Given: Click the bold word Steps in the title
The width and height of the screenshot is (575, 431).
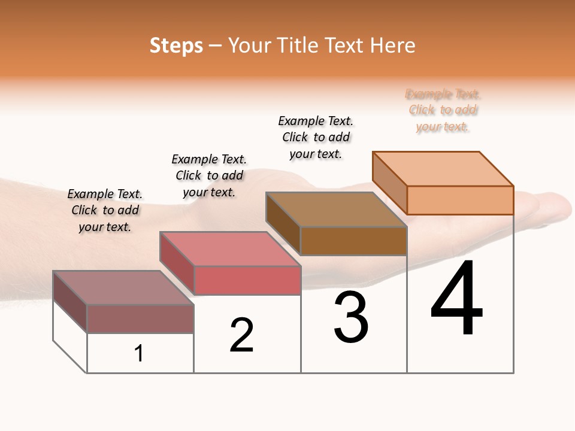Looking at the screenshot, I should pos(176,45).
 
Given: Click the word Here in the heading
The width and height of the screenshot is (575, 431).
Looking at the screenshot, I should pos(393,45).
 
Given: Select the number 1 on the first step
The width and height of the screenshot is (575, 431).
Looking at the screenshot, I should pos(139,354).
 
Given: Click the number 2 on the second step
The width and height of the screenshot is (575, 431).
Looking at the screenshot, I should pos(241,335).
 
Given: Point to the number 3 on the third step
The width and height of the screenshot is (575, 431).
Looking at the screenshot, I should pos(351,318).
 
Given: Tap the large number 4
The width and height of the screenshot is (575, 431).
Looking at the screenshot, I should pos(457,299).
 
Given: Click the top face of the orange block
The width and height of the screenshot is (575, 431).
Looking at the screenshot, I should pos(443,168).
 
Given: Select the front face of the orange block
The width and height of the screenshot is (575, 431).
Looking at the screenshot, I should pos(460,200).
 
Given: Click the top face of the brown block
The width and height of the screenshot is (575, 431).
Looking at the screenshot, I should pos(337,210).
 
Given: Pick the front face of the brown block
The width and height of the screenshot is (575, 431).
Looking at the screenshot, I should pos(353,241).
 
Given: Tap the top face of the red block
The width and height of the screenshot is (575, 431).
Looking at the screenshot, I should pos(230,249).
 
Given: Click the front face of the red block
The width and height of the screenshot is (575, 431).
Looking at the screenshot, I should pos(247,280).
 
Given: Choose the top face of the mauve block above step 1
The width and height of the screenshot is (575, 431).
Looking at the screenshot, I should pos(123,288).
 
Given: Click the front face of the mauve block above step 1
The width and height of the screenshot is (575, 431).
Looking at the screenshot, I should pos(140,318).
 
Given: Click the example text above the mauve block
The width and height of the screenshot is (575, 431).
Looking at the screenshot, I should pos(105,210).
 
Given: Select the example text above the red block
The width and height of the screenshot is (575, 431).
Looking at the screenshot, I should pos(209,175).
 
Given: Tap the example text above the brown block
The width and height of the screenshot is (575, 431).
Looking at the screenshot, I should pos(316,137).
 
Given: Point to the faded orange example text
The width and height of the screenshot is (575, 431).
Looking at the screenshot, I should pos(443,110).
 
